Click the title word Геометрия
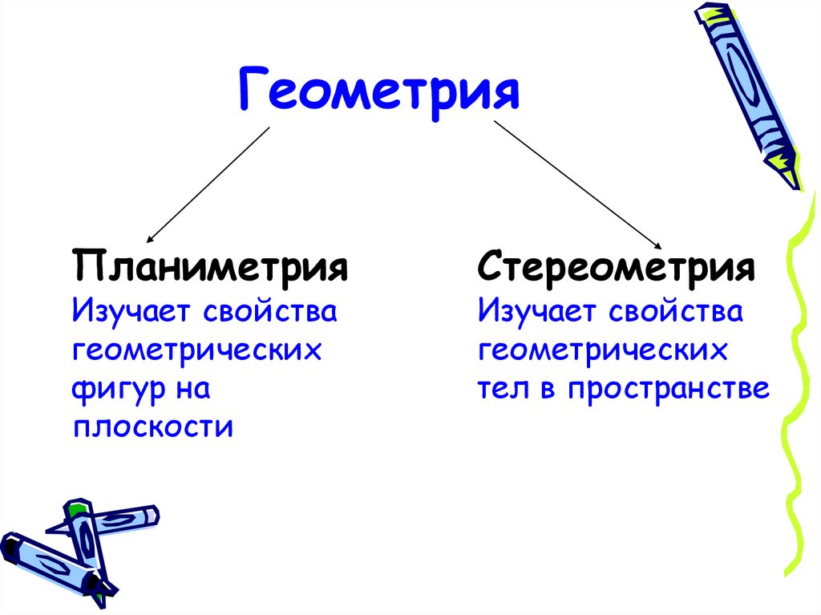tap(379, 90)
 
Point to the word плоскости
tap(153, 427)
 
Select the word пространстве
tap(669, 389)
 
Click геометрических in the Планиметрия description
tap(196, 350)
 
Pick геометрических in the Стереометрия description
tap(602, 350)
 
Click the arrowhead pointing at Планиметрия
tap(150, 238)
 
